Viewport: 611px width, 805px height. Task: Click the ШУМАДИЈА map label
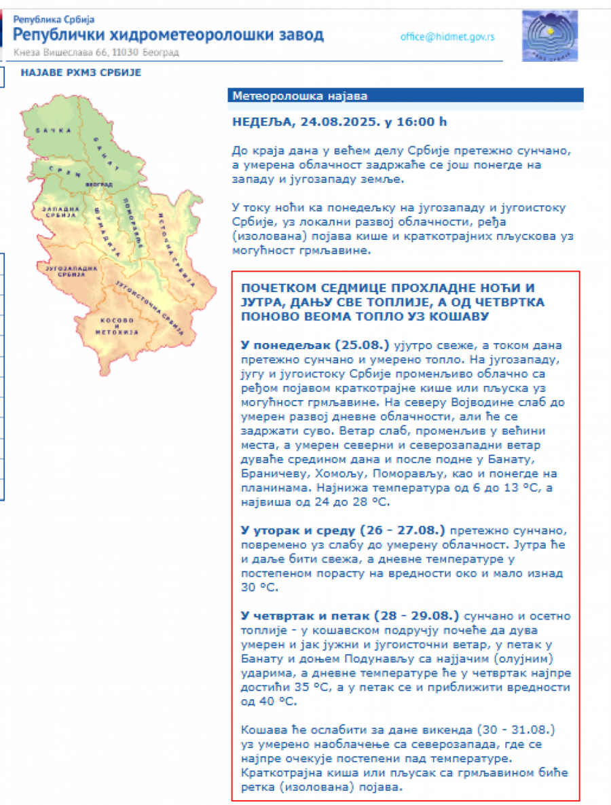(x=103, y=224)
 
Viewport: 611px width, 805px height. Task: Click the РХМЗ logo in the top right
(x=549, y=35)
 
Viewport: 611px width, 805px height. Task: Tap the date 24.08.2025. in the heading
(x=337, y=122)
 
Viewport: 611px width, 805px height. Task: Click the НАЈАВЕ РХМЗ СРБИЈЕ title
(x=81, y=73)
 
